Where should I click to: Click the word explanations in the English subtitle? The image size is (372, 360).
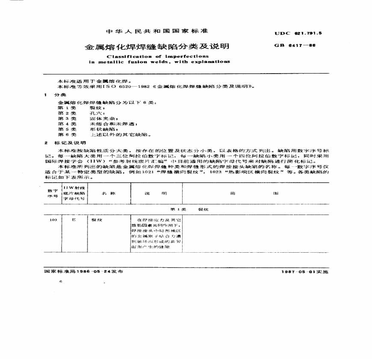207,62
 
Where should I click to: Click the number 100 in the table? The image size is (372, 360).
53,220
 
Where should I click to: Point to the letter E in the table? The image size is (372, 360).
74,220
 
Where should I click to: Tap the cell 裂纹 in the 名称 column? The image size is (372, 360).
96,220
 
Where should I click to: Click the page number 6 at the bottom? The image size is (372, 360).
61,282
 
